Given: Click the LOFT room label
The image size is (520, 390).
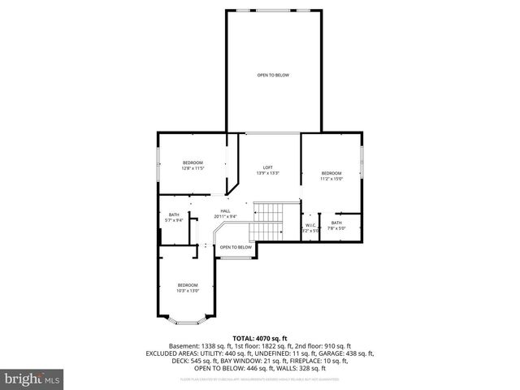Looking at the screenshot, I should point(267,167).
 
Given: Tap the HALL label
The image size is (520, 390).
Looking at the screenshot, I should point(225,210).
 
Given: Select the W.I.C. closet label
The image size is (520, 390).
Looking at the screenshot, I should point(310,225).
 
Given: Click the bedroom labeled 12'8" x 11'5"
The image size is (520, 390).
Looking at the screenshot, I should point(193,163).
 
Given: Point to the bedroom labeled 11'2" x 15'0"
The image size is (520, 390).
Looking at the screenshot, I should point(331,173).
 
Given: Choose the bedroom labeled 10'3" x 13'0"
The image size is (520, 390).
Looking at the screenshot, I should point(188,284).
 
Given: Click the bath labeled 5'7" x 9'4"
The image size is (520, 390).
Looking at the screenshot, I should point(173,214).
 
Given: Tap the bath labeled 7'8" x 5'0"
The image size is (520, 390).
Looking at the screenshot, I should point(336,223).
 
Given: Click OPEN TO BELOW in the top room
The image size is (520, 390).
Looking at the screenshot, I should point(273,75).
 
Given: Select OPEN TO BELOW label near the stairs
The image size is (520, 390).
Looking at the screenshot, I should point(236,247).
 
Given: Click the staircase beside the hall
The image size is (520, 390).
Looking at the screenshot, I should point(266,222).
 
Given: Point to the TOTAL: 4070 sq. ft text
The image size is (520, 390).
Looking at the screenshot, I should point(260,337).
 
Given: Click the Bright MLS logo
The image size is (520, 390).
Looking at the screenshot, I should point(30,379).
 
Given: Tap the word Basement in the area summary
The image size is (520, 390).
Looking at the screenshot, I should point(184,345).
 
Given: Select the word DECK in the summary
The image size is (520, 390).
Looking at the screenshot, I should point(154,361).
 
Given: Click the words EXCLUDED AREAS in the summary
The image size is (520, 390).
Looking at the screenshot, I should point(174,353).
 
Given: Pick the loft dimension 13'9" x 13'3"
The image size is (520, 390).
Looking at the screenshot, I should point(267,172).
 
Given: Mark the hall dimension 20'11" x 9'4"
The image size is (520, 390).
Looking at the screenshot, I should point(225,216).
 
